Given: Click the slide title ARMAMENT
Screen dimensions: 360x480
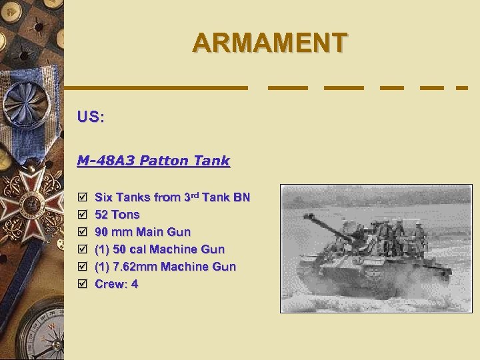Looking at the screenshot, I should [x=269, y=43].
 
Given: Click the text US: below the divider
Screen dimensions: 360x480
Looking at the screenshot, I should [x=90, y=117].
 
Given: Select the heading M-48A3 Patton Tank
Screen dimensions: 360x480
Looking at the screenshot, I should [x=153, y=161].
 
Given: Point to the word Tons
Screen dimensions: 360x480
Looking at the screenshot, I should [x=126, y=215].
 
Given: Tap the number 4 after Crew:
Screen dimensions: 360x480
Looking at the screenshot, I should [x=135, y=284].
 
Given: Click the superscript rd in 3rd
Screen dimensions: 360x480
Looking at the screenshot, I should [x=196, y=194].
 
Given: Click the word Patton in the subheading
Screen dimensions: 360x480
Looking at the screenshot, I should [x=165, y=161].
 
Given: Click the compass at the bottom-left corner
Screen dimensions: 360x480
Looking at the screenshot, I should [x=33, y=330].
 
